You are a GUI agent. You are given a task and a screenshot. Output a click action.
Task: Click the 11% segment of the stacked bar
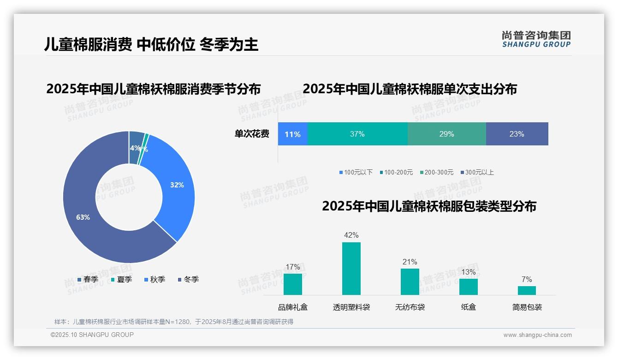292,134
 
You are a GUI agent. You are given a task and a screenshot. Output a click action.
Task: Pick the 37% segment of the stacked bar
357,134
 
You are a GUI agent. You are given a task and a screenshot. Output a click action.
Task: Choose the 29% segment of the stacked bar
446,134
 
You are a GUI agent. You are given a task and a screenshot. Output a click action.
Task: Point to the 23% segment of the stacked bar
517,134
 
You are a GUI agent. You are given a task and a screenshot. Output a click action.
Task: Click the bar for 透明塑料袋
351,269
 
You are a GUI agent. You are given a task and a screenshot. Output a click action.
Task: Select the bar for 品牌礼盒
293,284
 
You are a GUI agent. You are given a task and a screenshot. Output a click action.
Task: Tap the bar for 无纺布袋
410,282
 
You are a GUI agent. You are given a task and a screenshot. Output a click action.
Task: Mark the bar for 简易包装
527,290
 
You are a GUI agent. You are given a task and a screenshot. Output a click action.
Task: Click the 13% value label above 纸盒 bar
469,272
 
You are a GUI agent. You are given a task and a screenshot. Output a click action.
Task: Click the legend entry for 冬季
188,279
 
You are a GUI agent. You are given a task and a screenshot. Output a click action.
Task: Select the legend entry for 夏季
121,279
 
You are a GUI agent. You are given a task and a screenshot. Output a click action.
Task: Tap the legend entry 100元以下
356,172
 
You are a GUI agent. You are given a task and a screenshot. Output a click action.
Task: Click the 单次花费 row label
252,134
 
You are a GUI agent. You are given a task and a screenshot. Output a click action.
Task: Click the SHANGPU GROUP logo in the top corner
536,39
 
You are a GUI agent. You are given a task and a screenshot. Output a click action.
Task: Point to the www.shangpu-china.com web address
537,335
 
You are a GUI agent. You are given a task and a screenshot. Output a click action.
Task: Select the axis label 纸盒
469,307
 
